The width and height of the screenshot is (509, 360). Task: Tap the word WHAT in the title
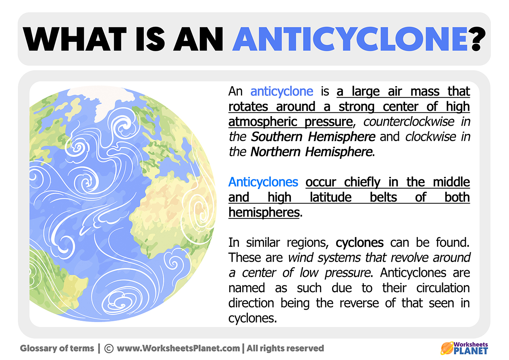[x=75, y=39]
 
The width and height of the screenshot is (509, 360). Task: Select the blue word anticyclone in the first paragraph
[x=282, y=92]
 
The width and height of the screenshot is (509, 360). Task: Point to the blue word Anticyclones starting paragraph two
[x=263, y=182]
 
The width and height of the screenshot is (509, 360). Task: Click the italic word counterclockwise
[x=409, y=122]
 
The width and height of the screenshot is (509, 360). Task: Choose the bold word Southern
[x=276, y=137]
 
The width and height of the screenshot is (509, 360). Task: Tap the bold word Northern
[x=275, y=152]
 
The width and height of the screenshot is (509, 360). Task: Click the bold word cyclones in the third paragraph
[x=359, y=243]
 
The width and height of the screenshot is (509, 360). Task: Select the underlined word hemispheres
[x=264, y=213]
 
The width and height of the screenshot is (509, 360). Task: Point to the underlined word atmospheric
[x=263, y=122]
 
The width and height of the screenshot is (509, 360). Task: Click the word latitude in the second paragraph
[x=330, y=197]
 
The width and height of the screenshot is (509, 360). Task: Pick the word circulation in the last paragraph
[x=443, y=288]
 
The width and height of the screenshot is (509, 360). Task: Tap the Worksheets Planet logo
[x=464, y=348]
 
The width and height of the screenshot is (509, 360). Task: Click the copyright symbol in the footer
[x=109, y=348]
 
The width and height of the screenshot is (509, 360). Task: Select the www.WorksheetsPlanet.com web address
[x=178, y=348]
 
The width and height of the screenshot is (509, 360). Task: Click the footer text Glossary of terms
[x=57, y=348]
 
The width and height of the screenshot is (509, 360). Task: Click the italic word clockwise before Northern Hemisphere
[x=430, y=137]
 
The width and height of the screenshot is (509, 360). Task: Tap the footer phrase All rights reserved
[x=285, y=348]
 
